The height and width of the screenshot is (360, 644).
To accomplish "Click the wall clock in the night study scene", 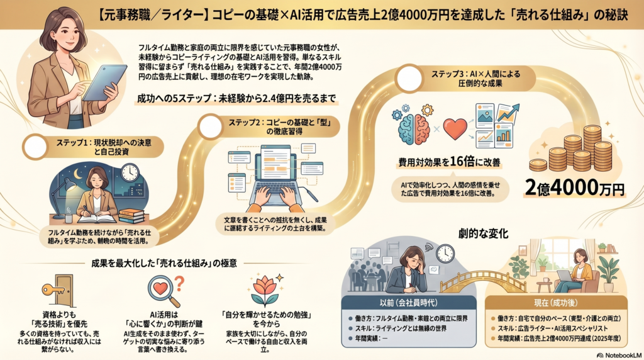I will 130,172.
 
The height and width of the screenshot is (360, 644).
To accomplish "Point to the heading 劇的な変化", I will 484,233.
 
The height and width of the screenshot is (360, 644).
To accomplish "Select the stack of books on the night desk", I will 131,215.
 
